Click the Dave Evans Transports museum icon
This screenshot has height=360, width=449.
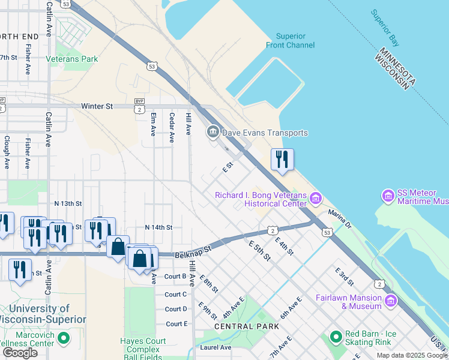point(213,133)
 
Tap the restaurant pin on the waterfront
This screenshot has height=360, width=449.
point(282,160)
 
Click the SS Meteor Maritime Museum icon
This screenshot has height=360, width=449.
point(388,196)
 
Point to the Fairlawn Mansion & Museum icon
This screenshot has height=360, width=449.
point(391,300)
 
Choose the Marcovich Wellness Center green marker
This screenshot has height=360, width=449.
point(63,339)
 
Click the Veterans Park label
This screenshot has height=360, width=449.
point(81,59)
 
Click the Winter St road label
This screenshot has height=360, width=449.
point(97,106)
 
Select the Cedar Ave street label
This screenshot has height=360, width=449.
point(172,127)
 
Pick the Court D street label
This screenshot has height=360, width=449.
point(176,309)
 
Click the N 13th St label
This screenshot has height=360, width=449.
point(67,203)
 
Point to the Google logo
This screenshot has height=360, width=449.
point(20,352)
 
